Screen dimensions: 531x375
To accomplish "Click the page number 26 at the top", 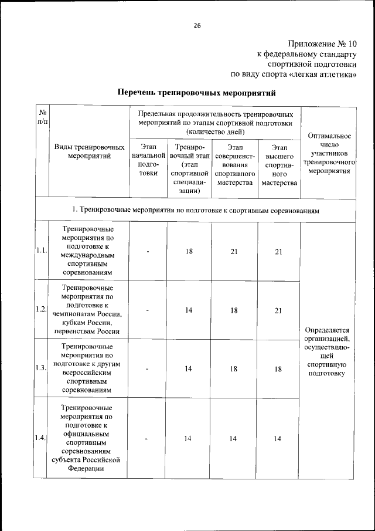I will (197, 25).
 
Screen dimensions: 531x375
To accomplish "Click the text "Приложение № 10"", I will (322, 44).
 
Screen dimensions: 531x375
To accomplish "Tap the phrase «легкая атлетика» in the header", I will (322, 75).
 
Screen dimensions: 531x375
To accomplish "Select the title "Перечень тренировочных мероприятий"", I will (196, 93).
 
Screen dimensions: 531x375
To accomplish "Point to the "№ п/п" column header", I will (43, 116).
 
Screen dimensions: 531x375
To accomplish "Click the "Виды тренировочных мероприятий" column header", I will (89, 151).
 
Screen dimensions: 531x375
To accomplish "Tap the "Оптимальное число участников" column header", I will (329, 153).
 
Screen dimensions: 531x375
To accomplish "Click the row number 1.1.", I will (41, 251).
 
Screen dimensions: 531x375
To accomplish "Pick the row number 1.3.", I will (41, 368).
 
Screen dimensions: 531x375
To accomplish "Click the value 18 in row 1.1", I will (189, 252).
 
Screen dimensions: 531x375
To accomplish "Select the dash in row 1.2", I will (149, 310).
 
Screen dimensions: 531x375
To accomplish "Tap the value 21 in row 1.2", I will (278, 310).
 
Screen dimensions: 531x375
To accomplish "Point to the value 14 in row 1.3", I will (189, 369).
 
